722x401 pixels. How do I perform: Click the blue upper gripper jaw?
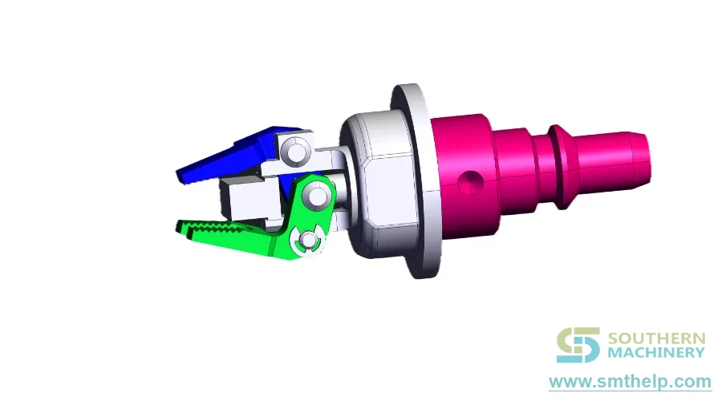tap(225, 159)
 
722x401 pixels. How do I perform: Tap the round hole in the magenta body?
tap(470, 182)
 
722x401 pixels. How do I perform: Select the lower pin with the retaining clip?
tap(308, 241)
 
